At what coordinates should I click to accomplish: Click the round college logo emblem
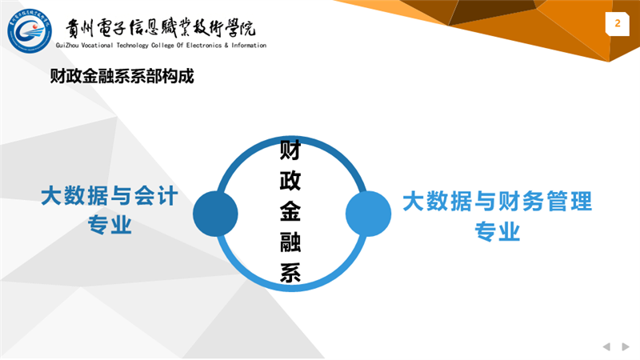[30, 31]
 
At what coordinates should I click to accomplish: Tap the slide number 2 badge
[617, 24]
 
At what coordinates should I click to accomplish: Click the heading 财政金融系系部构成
[122, 76]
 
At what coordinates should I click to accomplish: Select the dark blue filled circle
[215, 214]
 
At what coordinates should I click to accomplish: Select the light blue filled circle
[368, 214]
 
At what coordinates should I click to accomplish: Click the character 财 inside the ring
[290, 150]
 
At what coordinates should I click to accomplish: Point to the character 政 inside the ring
[290, 181]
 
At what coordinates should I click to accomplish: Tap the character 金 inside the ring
[290, 211]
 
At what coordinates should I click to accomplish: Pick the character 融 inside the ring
[290, 242]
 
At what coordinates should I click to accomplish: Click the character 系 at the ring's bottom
[290, 272]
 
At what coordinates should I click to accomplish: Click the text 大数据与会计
[110, 196]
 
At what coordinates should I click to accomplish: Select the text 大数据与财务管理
[497, 202]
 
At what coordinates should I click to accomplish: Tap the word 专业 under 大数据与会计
[110, 224]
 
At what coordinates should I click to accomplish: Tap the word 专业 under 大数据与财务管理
[497, 231]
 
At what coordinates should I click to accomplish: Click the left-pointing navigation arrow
[606, 346]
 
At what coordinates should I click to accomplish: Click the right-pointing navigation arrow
[626, 346]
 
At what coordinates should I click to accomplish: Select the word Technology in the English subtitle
[133, 46]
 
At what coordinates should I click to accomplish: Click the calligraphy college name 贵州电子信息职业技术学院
[161, 28]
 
